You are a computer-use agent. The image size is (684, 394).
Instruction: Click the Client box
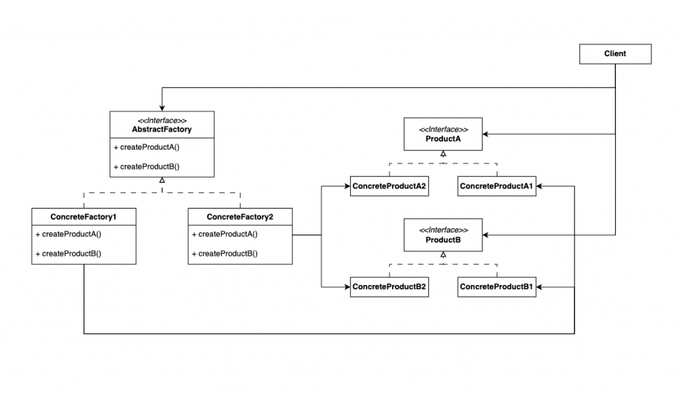point(615,53)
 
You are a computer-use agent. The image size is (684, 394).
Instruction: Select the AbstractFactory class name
point(162,130)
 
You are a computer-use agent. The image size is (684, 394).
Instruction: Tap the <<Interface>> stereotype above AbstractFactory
point(162,120)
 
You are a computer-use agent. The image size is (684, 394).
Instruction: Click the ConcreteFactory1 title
point(83,216)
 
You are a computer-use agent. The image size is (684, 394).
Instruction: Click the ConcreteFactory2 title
point(240,216)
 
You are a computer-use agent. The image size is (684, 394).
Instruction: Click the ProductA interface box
point(443,134)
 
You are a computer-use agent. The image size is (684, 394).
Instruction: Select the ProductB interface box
point(443,234)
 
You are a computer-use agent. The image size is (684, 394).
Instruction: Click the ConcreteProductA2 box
point(389,186)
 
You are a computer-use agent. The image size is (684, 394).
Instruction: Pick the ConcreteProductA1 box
point(496,186)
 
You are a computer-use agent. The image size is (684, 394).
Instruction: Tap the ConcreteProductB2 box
point(389,286)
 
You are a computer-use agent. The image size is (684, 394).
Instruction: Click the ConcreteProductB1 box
point(496,286)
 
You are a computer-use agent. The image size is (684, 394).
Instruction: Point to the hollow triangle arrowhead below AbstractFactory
point(162,181)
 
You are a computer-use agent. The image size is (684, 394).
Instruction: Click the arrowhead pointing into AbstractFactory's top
point(162,108)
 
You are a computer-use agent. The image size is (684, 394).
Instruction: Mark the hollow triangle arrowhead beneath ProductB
point(443,254)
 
